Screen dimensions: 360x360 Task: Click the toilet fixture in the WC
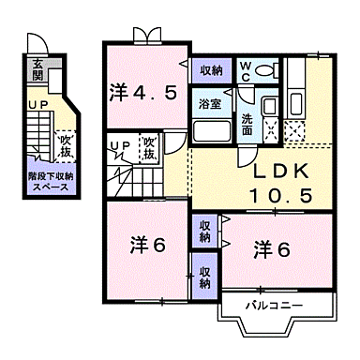click(265, 69)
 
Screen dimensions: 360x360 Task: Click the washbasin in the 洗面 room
click(269, 106)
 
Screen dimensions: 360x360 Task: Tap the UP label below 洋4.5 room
click(118, 144)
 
